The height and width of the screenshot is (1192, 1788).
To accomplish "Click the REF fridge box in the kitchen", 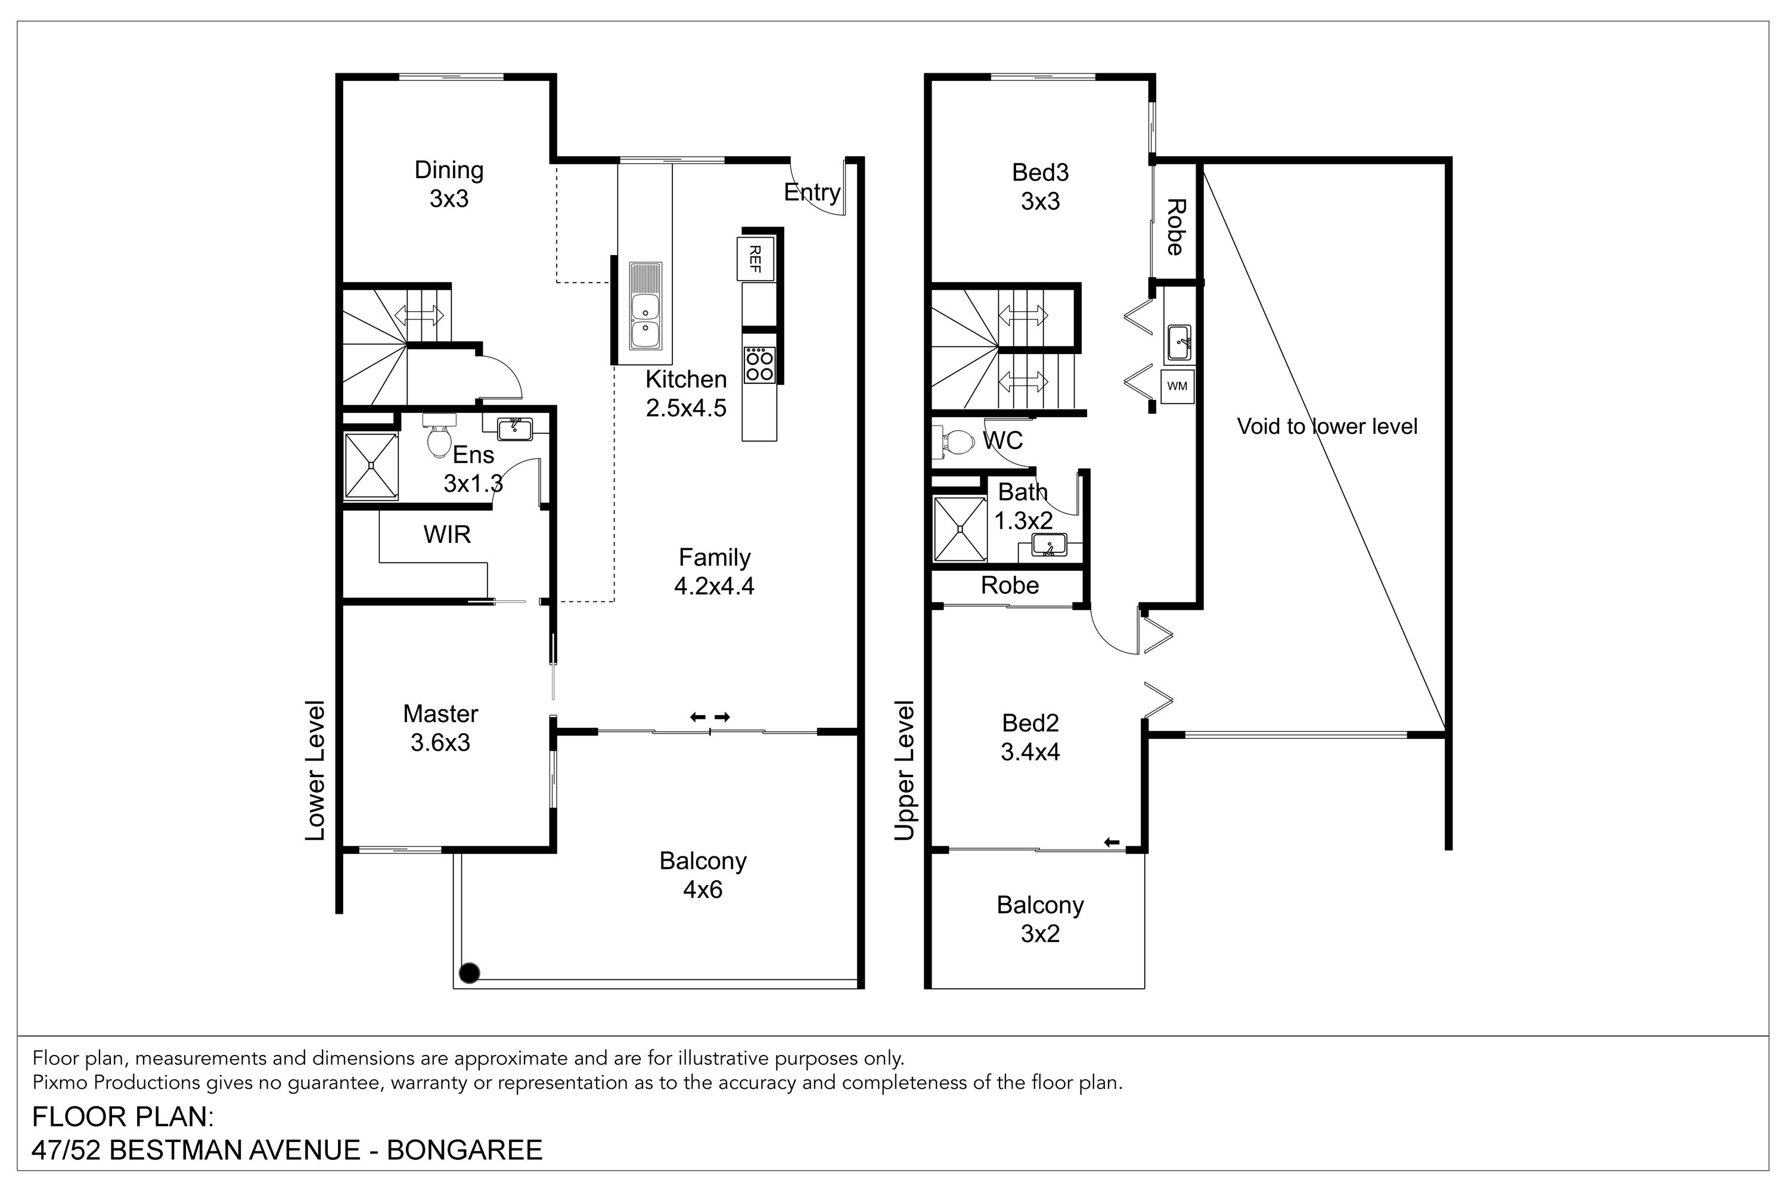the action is pos(756,259).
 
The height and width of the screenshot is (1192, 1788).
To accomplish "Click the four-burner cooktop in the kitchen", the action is pos(759,364).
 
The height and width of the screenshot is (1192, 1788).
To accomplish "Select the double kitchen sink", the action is pos(645,306).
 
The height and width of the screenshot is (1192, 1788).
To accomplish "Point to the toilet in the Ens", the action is pos(439,436).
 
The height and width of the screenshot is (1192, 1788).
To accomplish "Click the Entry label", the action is pos(812,193).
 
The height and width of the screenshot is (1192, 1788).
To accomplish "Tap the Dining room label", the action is pos(449,169).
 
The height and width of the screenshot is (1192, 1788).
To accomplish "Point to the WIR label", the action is pos(447,535).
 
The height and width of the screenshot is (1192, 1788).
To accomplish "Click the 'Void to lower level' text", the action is pos(1327,427).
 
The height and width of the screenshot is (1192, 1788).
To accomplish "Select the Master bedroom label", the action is pos(440,714).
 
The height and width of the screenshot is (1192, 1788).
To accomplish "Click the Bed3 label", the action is pos(1040,173).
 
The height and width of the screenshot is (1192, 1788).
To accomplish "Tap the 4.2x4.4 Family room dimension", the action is pos(714,586).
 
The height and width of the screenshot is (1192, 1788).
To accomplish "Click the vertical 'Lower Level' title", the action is pos(315,770).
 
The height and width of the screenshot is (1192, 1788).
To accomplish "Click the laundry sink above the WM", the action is pos(1178,343).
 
